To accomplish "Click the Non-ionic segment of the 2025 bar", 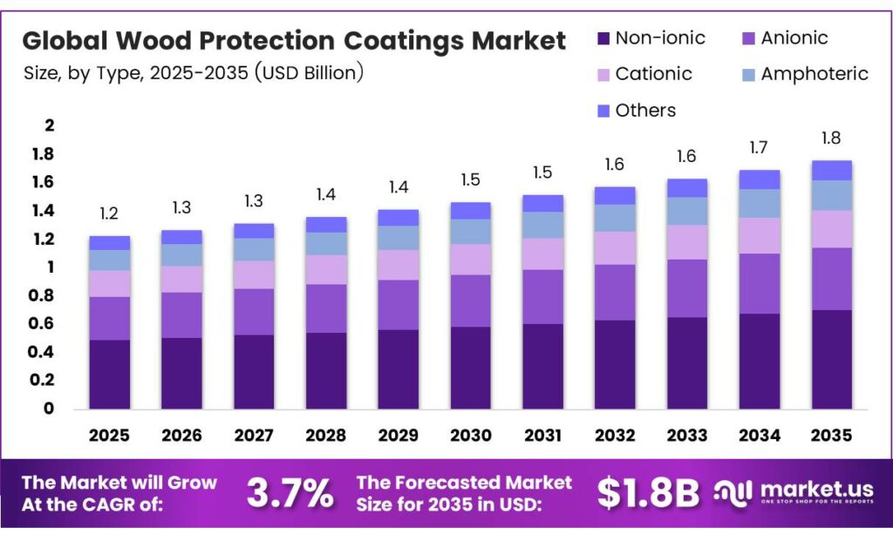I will pos(109,374).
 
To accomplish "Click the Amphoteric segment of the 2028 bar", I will pos(325,243).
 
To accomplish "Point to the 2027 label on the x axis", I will pos(253,435).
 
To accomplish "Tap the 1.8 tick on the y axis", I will pos(43,154).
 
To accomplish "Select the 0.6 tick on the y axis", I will pos(43,323).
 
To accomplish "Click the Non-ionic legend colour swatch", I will pos(603,38).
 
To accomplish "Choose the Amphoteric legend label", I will pos(814,74).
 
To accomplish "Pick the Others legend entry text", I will pos(645,111).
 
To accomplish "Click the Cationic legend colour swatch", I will pos(603,75).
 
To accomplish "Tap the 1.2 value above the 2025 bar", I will pos(109,213).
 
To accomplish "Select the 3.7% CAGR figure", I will pos(290,493).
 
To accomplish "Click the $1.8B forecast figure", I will pos(648,493).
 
